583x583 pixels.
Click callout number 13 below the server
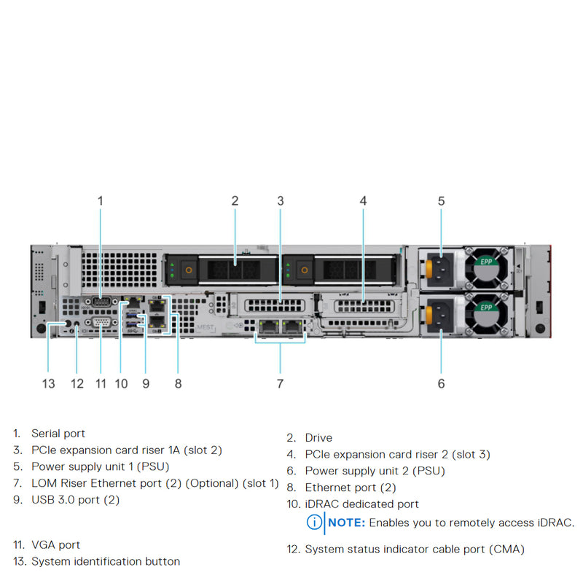[x=48, y=383]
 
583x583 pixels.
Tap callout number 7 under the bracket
[x=280, y=383]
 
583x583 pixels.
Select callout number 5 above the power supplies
[x=441, y=200]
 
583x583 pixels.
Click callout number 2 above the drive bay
[x=235, y=200]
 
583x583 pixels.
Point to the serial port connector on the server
[x=101, y=303]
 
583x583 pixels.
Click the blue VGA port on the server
[x=101, y=324]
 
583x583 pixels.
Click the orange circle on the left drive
[x=189, y=270]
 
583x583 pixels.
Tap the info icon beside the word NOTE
[x=314, y=523]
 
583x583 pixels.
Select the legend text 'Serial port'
[x=58, y=434]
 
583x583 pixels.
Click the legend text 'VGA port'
[x=55, y=544]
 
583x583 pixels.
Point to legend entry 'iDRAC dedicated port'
[x=361, y=504]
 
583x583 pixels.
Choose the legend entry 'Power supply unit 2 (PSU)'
[x=375, y=471]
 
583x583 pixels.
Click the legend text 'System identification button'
[x=106, y=561]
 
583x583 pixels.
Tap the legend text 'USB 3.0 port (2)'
[x=75, y=499]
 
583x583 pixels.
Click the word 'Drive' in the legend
[x=318, y=437]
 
